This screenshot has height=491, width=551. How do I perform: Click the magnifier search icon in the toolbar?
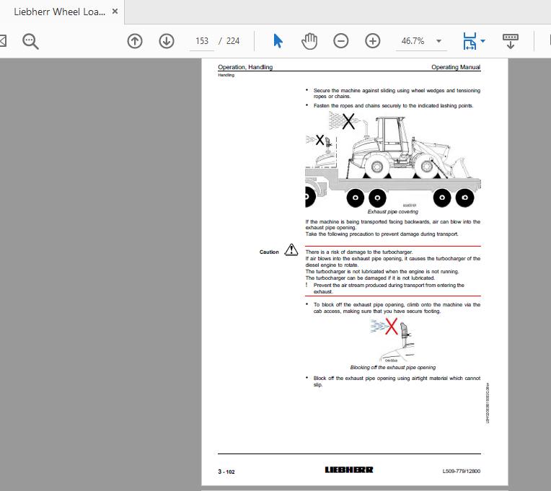pos(30,41)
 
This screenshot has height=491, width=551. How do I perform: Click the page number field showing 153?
pos(202,41)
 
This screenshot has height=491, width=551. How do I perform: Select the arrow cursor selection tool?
pos(278,41)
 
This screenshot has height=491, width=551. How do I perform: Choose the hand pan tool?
pos(309,41)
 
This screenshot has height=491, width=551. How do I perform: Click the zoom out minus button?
pos(341,41)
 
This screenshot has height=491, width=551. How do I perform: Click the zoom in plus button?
pos(372,41)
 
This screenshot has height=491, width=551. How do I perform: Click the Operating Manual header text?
pos(455,67)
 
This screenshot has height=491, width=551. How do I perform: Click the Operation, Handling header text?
pos(245,67)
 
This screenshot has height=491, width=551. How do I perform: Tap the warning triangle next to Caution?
pos(291,250)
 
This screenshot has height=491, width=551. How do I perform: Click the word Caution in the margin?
pos(269,252)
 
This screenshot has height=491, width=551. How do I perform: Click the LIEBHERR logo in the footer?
pos(349,470)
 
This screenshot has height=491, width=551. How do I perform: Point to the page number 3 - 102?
pos(226,472)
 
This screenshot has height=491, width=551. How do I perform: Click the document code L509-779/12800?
pos(461,472)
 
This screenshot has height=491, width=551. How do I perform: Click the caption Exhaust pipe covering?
pos(392,212)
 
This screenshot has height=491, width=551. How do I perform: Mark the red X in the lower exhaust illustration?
pos(392,328)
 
